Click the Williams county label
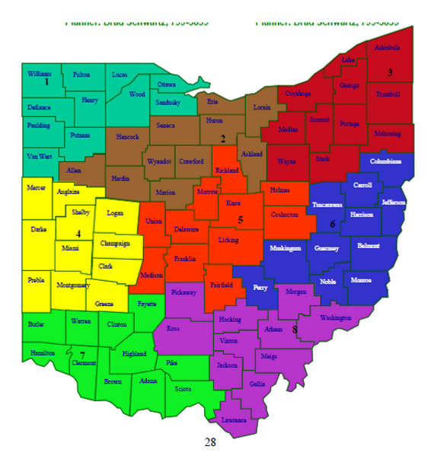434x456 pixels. tap(40, 73)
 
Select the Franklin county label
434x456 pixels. tap(184, 259)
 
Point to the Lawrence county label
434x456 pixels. tap(235, 419)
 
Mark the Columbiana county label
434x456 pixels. tap(385, 161)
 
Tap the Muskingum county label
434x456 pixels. tap(286, 248)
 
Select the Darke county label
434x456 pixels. tap(39, 228)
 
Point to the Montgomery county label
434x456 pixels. tap(73, 285)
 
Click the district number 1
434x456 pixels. tap(46, 81)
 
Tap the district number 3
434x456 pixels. tap(390, 72)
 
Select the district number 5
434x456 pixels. tap(241, 220)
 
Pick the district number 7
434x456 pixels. tap(81, 354)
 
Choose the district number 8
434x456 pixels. tap(295, 329)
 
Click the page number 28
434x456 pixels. tap(211, 442)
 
